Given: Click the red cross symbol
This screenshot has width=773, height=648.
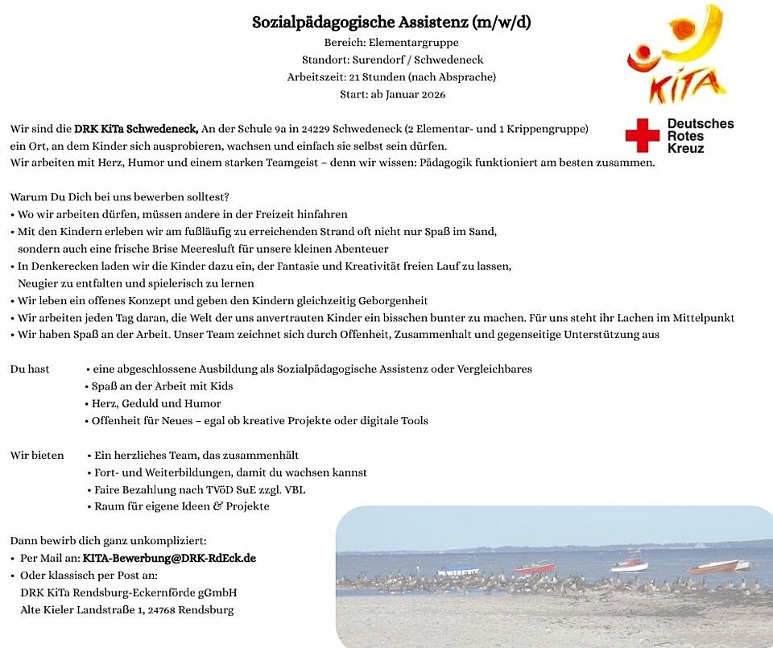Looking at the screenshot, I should point(642,135).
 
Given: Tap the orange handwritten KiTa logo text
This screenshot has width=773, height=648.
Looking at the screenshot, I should point(676,88).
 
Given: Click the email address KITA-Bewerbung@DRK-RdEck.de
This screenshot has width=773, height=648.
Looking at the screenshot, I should point(169,558).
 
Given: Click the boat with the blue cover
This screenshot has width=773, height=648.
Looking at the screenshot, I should point(458,571).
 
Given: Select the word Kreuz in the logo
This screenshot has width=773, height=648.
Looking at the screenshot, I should point(685,148).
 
